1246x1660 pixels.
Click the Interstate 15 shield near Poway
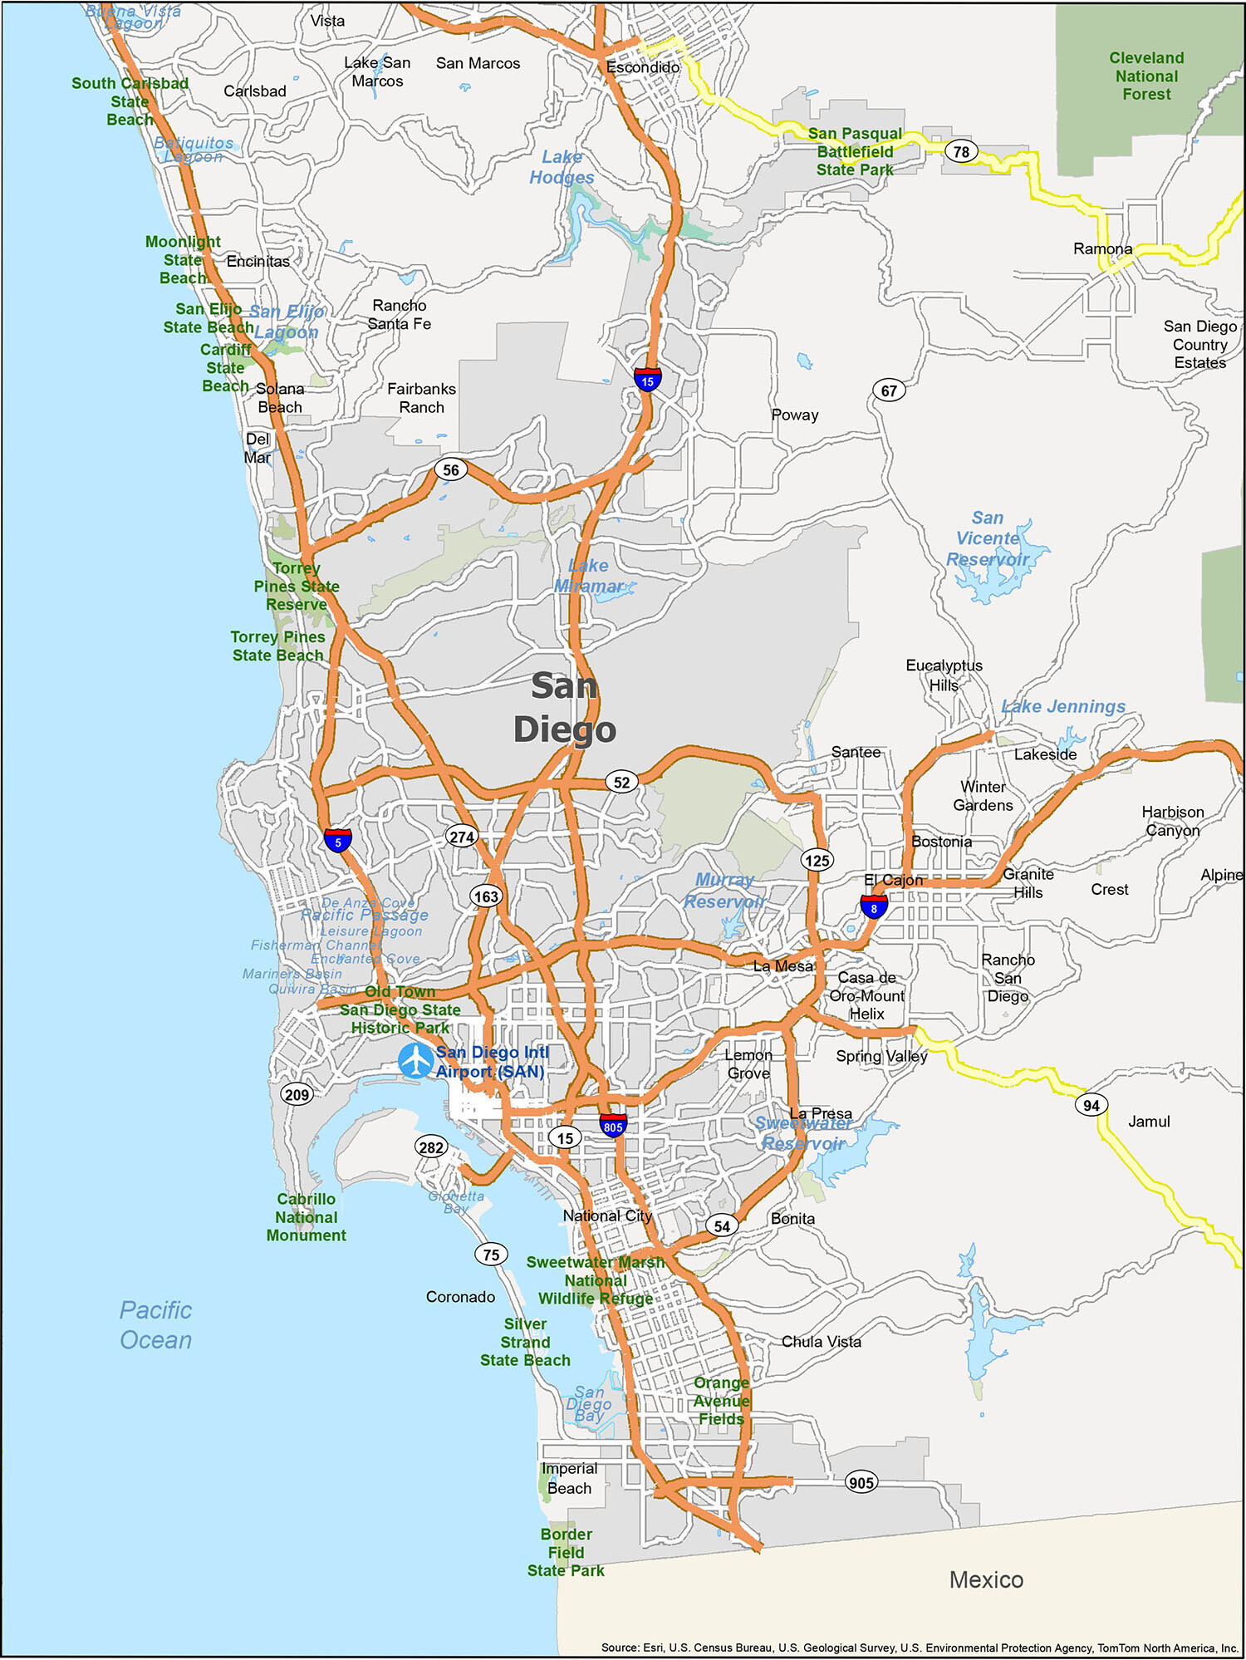pos(647,380)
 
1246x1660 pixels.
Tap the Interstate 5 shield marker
pos(337,841)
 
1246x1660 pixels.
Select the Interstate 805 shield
pos(613,1126)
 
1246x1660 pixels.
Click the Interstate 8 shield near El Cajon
pos(873,907)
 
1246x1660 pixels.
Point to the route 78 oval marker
pos(961,152)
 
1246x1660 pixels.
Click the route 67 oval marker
pos(889,390)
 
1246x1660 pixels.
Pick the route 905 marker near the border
pos(861,1482)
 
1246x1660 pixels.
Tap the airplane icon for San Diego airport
pos(415,1061)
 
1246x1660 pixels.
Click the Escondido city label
pos(642,67)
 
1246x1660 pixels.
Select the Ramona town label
pos(1102,249)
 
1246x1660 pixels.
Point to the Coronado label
pos(460,1297)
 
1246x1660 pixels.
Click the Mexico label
pos(986,1579)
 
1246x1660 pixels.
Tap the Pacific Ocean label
pos(155,1325)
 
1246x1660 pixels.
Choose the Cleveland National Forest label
pos(1146,76)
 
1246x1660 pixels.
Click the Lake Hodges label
pos(562,167)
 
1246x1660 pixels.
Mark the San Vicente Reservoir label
pos(988,538)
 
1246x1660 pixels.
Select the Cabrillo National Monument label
pos(306,1217)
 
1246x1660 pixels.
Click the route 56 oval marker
pos(451,470)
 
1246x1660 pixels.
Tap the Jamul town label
pos(1149,1122)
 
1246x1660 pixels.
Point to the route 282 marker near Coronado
pos(431,1147)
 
